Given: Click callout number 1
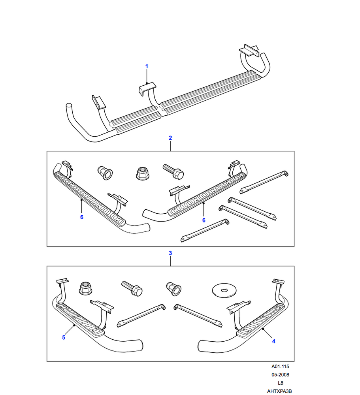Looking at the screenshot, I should (x=147, y=66).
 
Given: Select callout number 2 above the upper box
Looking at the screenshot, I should (x=170, y=138).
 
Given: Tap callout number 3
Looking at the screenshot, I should (x=170, y=252).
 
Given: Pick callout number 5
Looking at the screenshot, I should (x=63, y=337).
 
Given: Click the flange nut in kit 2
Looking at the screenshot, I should (x=140, y=173).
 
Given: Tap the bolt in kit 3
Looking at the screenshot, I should (x=132, y=289).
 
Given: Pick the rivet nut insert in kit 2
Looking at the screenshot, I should (x=105, y=173).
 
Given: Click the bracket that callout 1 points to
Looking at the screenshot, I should (x=147, y=88).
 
